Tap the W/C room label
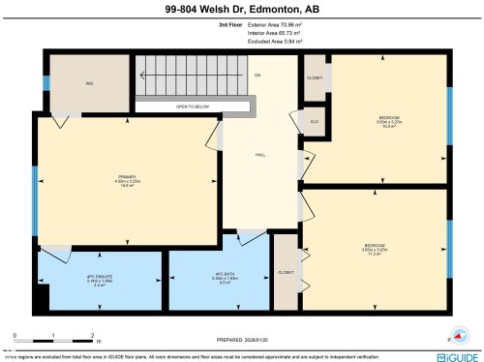pyautogui.click(x=88, y=83)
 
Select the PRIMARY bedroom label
pyautogui.click(x=124, y=181)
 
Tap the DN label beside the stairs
pyautogui.click(x=257, y=75)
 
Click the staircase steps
pyautogui.click(x=189, y=75)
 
